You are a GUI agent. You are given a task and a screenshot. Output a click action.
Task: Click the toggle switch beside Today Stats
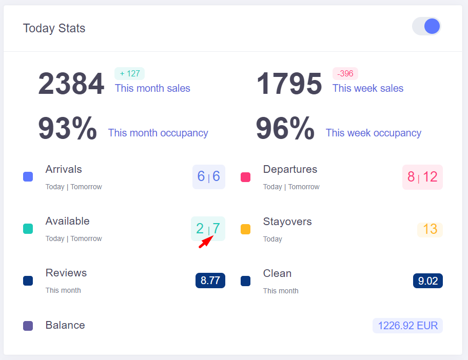tap(426, 26)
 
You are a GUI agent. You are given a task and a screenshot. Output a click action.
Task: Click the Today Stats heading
tap(54, 28)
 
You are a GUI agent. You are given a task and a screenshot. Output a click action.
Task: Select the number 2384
tap(71, 84)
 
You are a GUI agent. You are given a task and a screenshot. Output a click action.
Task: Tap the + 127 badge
tap(129, 73)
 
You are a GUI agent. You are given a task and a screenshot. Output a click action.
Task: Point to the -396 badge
tap(345, 73)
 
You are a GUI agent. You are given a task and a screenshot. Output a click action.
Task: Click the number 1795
tap(289, 84)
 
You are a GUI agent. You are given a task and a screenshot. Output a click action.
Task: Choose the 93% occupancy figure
tap(67, 129)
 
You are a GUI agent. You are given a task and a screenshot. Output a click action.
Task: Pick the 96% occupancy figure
tap(285, 129)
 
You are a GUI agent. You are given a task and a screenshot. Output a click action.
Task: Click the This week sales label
tap(367, 88)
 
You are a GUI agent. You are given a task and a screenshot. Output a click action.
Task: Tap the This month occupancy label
tap(158, 133)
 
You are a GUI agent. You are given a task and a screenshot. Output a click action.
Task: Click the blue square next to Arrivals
tap(28, 177)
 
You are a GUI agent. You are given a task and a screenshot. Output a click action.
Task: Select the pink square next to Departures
tap(246, 177)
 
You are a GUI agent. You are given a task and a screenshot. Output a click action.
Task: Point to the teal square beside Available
tap(28, 229)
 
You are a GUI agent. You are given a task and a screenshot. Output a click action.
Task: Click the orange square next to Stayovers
tap(246, 229)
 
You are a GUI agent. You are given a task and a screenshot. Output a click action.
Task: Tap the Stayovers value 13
tap(430, 229)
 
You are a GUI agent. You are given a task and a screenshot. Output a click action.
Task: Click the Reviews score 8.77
tap(210, 281)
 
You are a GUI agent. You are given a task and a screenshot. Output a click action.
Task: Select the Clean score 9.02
tap(428, 281)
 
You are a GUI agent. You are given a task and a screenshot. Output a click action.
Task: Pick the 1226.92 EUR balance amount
tap(407, 326)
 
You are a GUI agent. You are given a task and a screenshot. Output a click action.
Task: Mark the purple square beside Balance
tap(28, 326)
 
